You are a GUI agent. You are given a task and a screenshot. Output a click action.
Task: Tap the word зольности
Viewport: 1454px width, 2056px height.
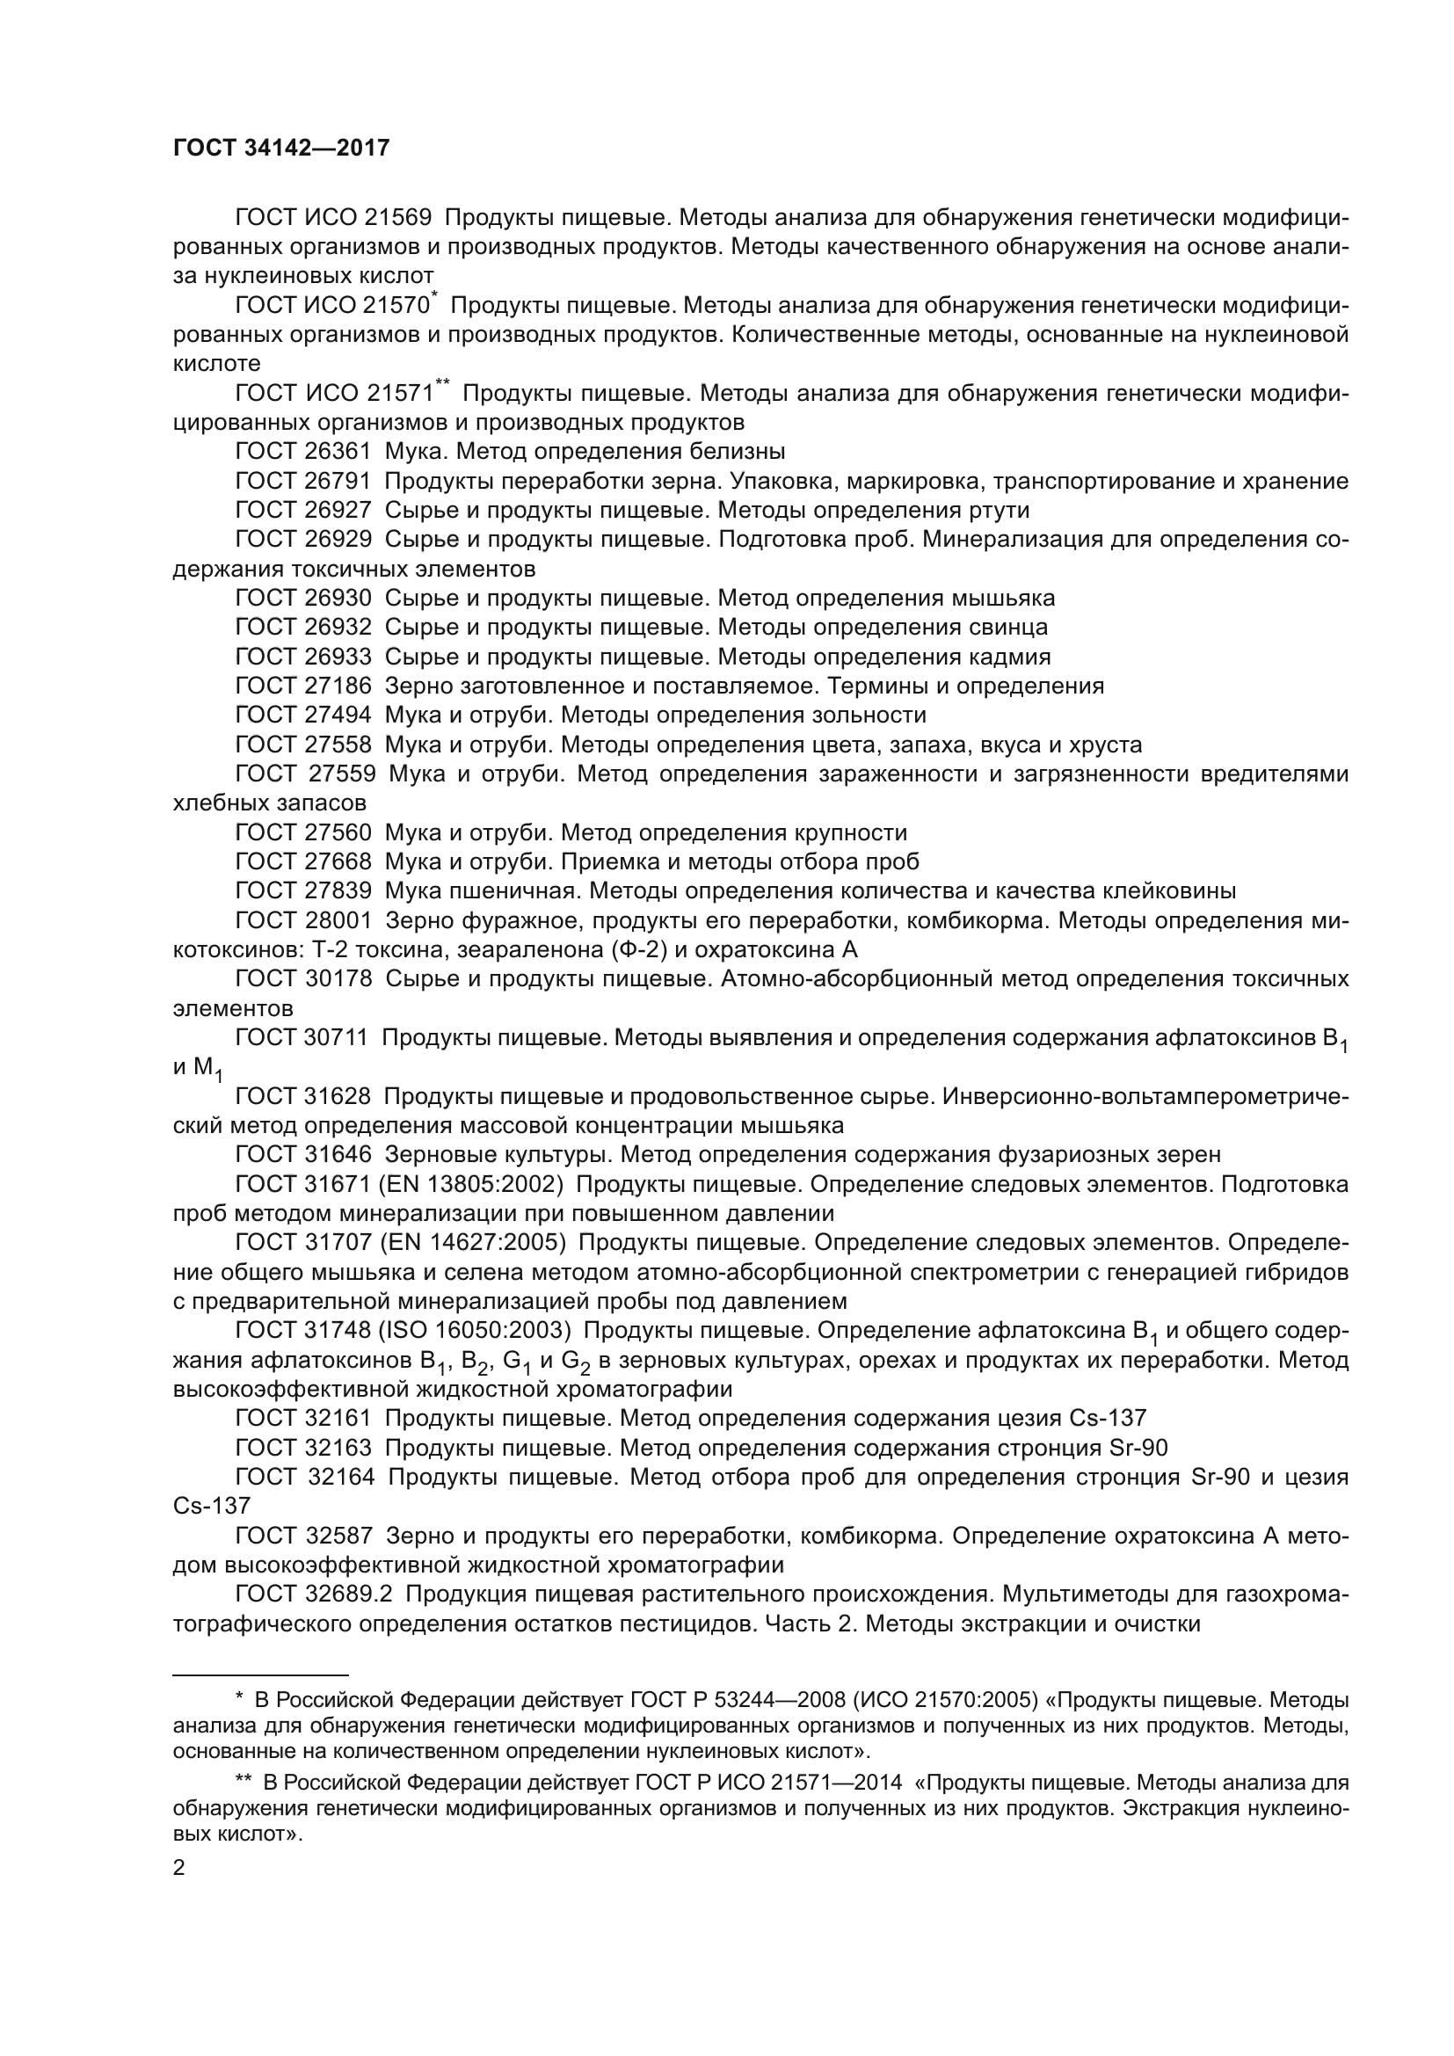pos(869,715)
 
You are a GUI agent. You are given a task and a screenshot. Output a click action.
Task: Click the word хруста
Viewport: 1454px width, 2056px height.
pos(1104,745)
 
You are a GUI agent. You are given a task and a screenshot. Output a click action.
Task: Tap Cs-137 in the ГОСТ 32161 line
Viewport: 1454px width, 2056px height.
pos(1108,1419)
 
